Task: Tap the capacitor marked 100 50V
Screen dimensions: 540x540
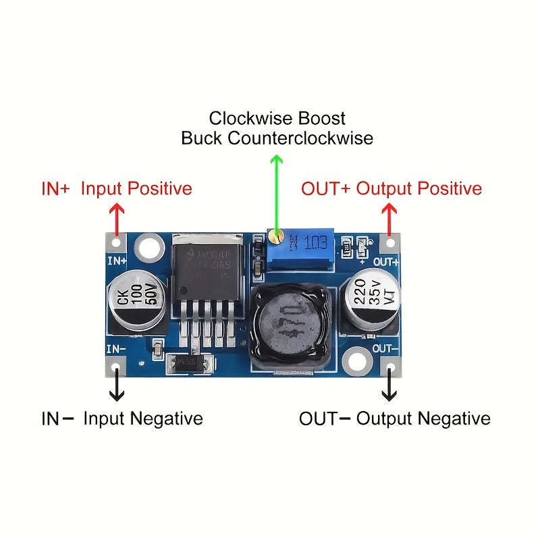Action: click(133, 302)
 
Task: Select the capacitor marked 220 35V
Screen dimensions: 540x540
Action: click(369, 302)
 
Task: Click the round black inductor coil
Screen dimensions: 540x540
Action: click(289, 319)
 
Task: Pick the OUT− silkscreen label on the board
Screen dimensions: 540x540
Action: click(385, 348)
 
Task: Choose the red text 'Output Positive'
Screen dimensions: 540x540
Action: click(418, 188)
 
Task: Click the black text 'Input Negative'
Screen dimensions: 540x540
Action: click(142, 418)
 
